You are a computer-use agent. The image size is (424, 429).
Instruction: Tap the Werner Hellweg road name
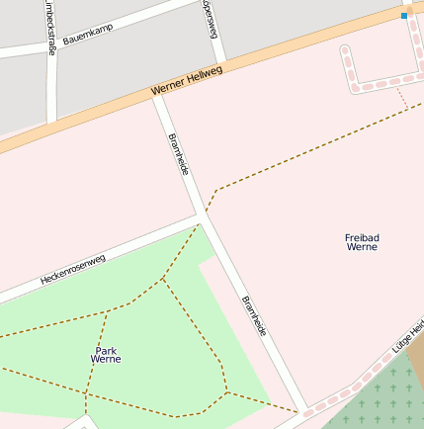pos(187,80)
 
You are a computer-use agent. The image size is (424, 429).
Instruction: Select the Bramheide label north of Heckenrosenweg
pos(179,155)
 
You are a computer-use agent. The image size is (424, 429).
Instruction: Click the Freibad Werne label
pos(362,242)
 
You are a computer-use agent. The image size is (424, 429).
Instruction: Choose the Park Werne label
pos(106,355)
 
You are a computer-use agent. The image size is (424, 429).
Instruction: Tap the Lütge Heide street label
pos(407,335)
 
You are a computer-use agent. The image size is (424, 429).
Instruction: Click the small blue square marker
pos(404,16)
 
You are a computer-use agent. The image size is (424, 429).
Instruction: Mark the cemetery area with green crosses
pos(385,400)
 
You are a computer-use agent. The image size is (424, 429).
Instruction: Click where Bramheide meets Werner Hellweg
pos(158,97)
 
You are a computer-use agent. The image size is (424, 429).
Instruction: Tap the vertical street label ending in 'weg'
pos(211,18)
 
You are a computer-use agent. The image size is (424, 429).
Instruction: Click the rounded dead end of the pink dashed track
pos(345,49)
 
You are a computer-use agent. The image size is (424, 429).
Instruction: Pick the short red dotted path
pos(401,97)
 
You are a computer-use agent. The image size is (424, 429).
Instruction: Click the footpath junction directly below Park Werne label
pos(87,395)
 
